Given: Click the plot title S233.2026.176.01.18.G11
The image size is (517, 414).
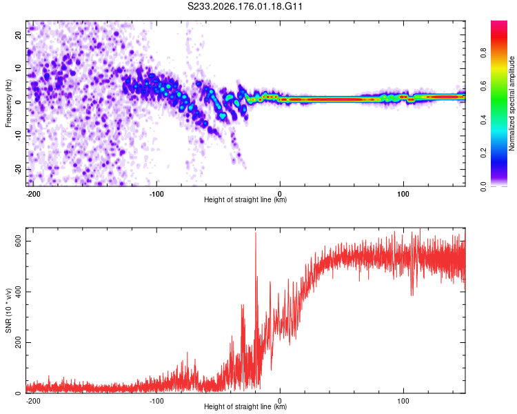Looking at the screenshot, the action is pos(245,6).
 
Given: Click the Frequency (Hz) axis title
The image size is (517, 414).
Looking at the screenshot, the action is pos(8,103).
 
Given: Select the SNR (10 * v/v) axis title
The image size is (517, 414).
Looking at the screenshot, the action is pos(8,310).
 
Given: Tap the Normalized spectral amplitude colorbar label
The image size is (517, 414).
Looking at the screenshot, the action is pos(511,103).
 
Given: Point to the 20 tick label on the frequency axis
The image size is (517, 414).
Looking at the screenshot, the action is pos(19,35).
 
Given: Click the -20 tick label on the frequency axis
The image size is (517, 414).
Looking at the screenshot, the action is pos(19,168).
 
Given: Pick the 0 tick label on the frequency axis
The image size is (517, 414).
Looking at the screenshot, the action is pos(19,102).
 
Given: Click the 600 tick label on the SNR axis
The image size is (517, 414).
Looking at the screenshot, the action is pos(19,241).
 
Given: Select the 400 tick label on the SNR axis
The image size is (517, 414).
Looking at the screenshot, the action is pos(19,292).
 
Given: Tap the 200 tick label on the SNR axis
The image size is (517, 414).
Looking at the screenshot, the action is pos(19,343).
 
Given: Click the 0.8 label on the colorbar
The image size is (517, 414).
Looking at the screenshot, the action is pos(483,53).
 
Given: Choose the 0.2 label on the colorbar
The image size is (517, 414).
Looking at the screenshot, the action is pos(483,153).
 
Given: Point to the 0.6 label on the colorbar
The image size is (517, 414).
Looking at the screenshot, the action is pos(483,86).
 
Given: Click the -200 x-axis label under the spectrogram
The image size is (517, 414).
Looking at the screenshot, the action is pos(32,194).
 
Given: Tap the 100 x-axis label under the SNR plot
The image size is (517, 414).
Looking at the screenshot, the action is pos(403,401).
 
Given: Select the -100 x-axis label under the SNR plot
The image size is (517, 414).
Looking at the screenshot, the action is pos(156,401).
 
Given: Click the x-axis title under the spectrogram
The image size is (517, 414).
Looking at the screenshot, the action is pos(245,199).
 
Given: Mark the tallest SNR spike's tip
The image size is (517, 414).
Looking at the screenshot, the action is pos(256,233).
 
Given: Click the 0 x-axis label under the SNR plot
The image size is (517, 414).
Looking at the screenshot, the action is pos(280,401).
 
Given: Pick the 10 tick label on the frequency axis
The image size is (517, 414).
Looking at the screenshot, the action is pos(19,68).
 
